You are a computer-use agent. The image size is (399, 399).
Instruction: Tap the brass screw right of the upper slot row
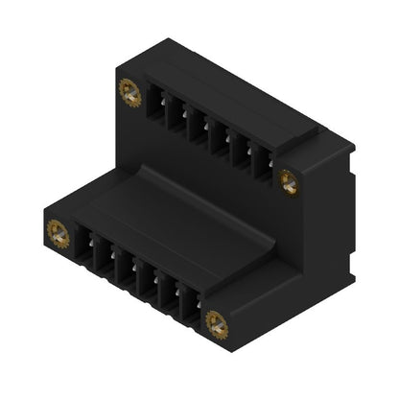286,177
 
